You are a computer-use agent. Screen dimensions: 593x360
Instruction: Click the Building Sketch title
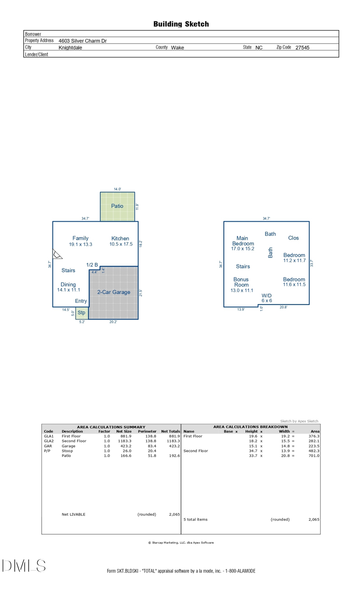click(181, 24)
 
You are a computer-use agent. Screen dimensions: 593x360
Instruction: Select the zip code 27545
click(302, 48)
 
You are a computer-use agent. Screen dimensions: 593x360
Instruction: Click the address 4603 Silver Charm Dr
click(82, 41)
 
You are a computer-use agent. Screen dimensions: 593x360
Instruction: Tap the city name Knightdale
click(70, 48)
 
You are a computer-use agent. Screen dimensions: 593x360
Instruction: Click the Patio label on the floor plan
click(117, 206)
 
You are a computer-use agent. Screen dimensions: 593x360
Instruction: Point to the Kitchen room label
click(120, 238)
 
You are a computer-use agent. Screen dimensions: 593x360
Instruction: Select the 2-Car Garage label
click(114, 292)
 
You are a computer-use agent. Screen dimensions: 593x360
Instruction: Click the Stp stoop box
click(82, 313)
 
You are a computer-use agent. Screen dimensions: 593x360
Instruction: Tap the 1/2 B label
click(92, 265)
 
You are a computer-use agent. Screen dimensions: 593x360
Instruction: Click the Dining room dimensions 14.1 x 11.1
click(68, 290)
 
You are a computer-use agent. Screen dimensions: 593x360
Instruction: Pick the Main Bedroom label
click(243, 241)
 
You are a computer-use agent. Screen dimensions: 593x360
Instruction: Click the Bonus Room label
click(241, 282)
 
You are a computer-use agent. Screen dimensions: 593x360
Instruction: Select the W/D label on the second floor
click(266, 296)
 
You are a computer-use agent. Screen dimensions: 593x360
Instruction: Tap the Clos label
click(293, 238)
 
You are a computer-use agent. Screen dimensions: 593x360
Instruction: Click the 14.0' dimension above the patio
click(117, 189)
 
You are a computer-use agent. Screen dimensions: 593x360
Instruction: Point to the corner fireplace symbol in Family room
click(57, 254)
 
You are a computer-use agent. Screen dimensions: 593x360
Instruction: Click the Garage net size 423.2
click(126, 446)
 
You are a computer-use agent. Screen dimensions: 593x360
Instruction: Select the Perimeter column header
click(147, 431)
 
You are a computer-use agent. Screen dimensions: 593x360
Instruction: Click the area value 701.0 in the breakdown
click(314, 455)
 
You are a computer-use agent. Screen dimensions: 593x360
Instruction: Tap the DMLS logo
click(24, 566)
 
